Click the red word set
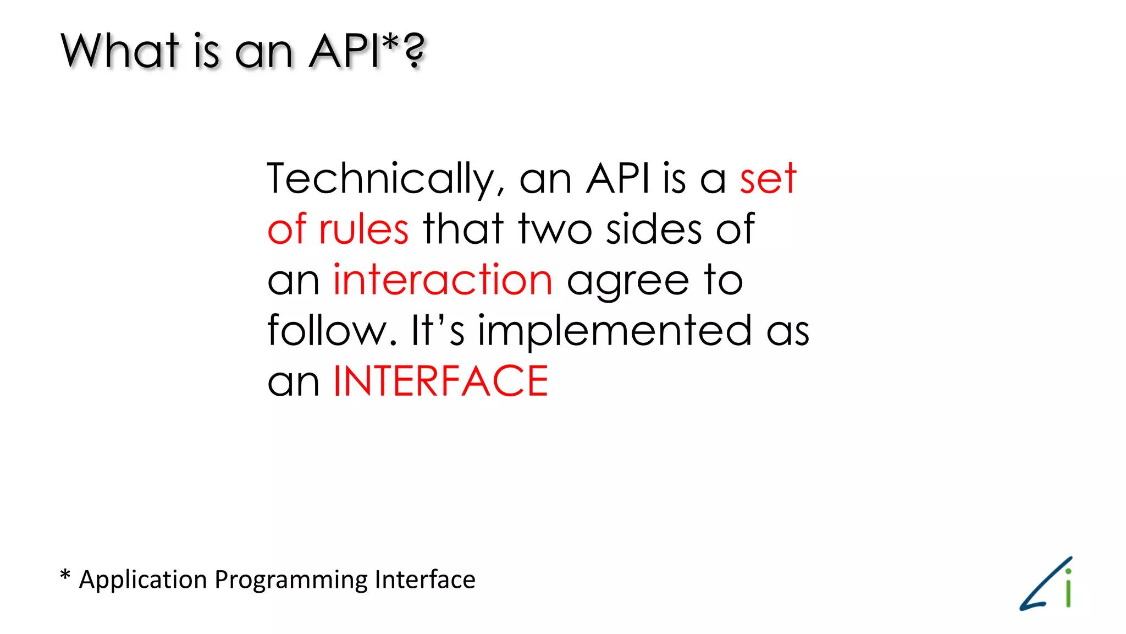[x=768, y=179]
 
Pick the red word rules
[x=363, y=229]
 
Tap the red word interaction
[x=443, y=280]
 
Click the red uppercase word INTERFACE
[x=440, y=381]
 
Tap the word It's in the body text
[x=438, y=330]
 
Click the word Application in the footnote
[x=142, y=580]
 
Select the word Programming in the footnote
[x=291, y=580]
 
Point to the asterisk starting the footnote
[x=65, y=576]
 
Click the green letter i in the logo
[x=1068, y=590]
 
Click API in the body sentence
[x=617, y=179]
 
